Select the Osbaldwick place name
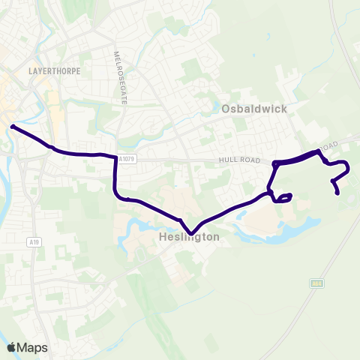(x=254, y=109)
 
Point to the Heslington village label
(x=189, y=237)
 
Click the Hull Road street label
(x=238, y=160)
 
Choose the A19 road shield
(x=34, y=241)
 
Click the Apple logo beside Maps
(x=11, y=347)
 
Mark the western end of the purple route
(x=13, y=127)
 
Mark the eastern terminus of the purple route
(x=337, y=193)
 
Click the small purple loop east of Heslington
(x=283, y=198)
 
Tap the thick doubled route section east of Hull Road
(x=296, y=158)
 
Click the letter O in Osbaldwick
(x=227, y=109)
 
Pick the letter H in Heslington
(x=163, y=237)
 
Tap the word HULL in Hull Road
(x=228, y=160)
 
